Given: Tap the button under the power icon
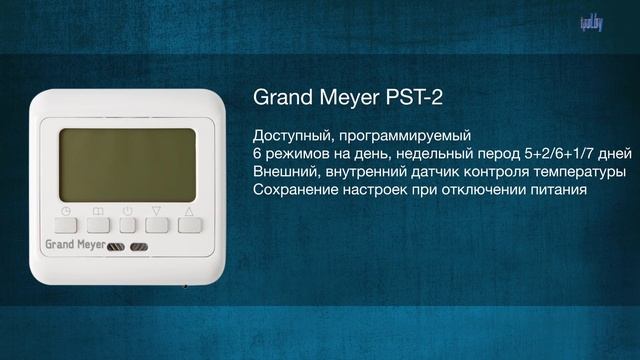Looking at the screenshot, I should click(127, 225).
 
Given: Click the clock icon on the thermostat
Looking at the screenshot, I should click(66, 210).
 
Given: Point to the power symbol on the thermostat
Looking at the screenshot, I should click(128, 210).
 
